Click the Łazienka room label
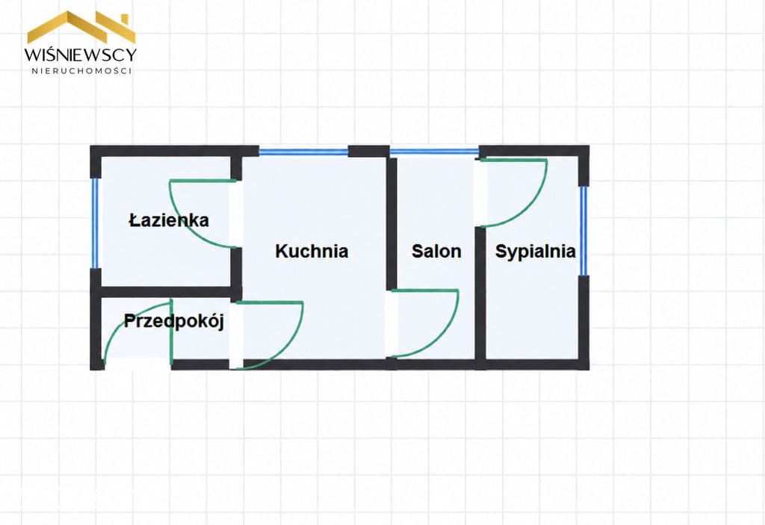(x=169, y=220)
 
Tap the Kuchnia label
(x=312, y=251)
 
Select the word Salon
(x=436, y=251)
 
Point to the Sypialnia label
(x=535, y=252)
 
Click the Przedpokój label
(x=173, y=321)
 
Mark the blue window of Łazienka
(x=95, y=223)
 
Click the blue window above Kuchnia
(x=303, y=152)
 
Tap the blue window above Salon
(x=434, y=152)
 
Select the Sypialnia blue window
(x=583, y=231)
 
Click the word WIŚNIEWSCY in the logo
(x=81, y=55)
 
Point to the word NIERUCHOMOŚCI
(x=81, y=71)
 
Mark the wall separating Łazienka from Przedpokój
(x=166, y=292)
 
